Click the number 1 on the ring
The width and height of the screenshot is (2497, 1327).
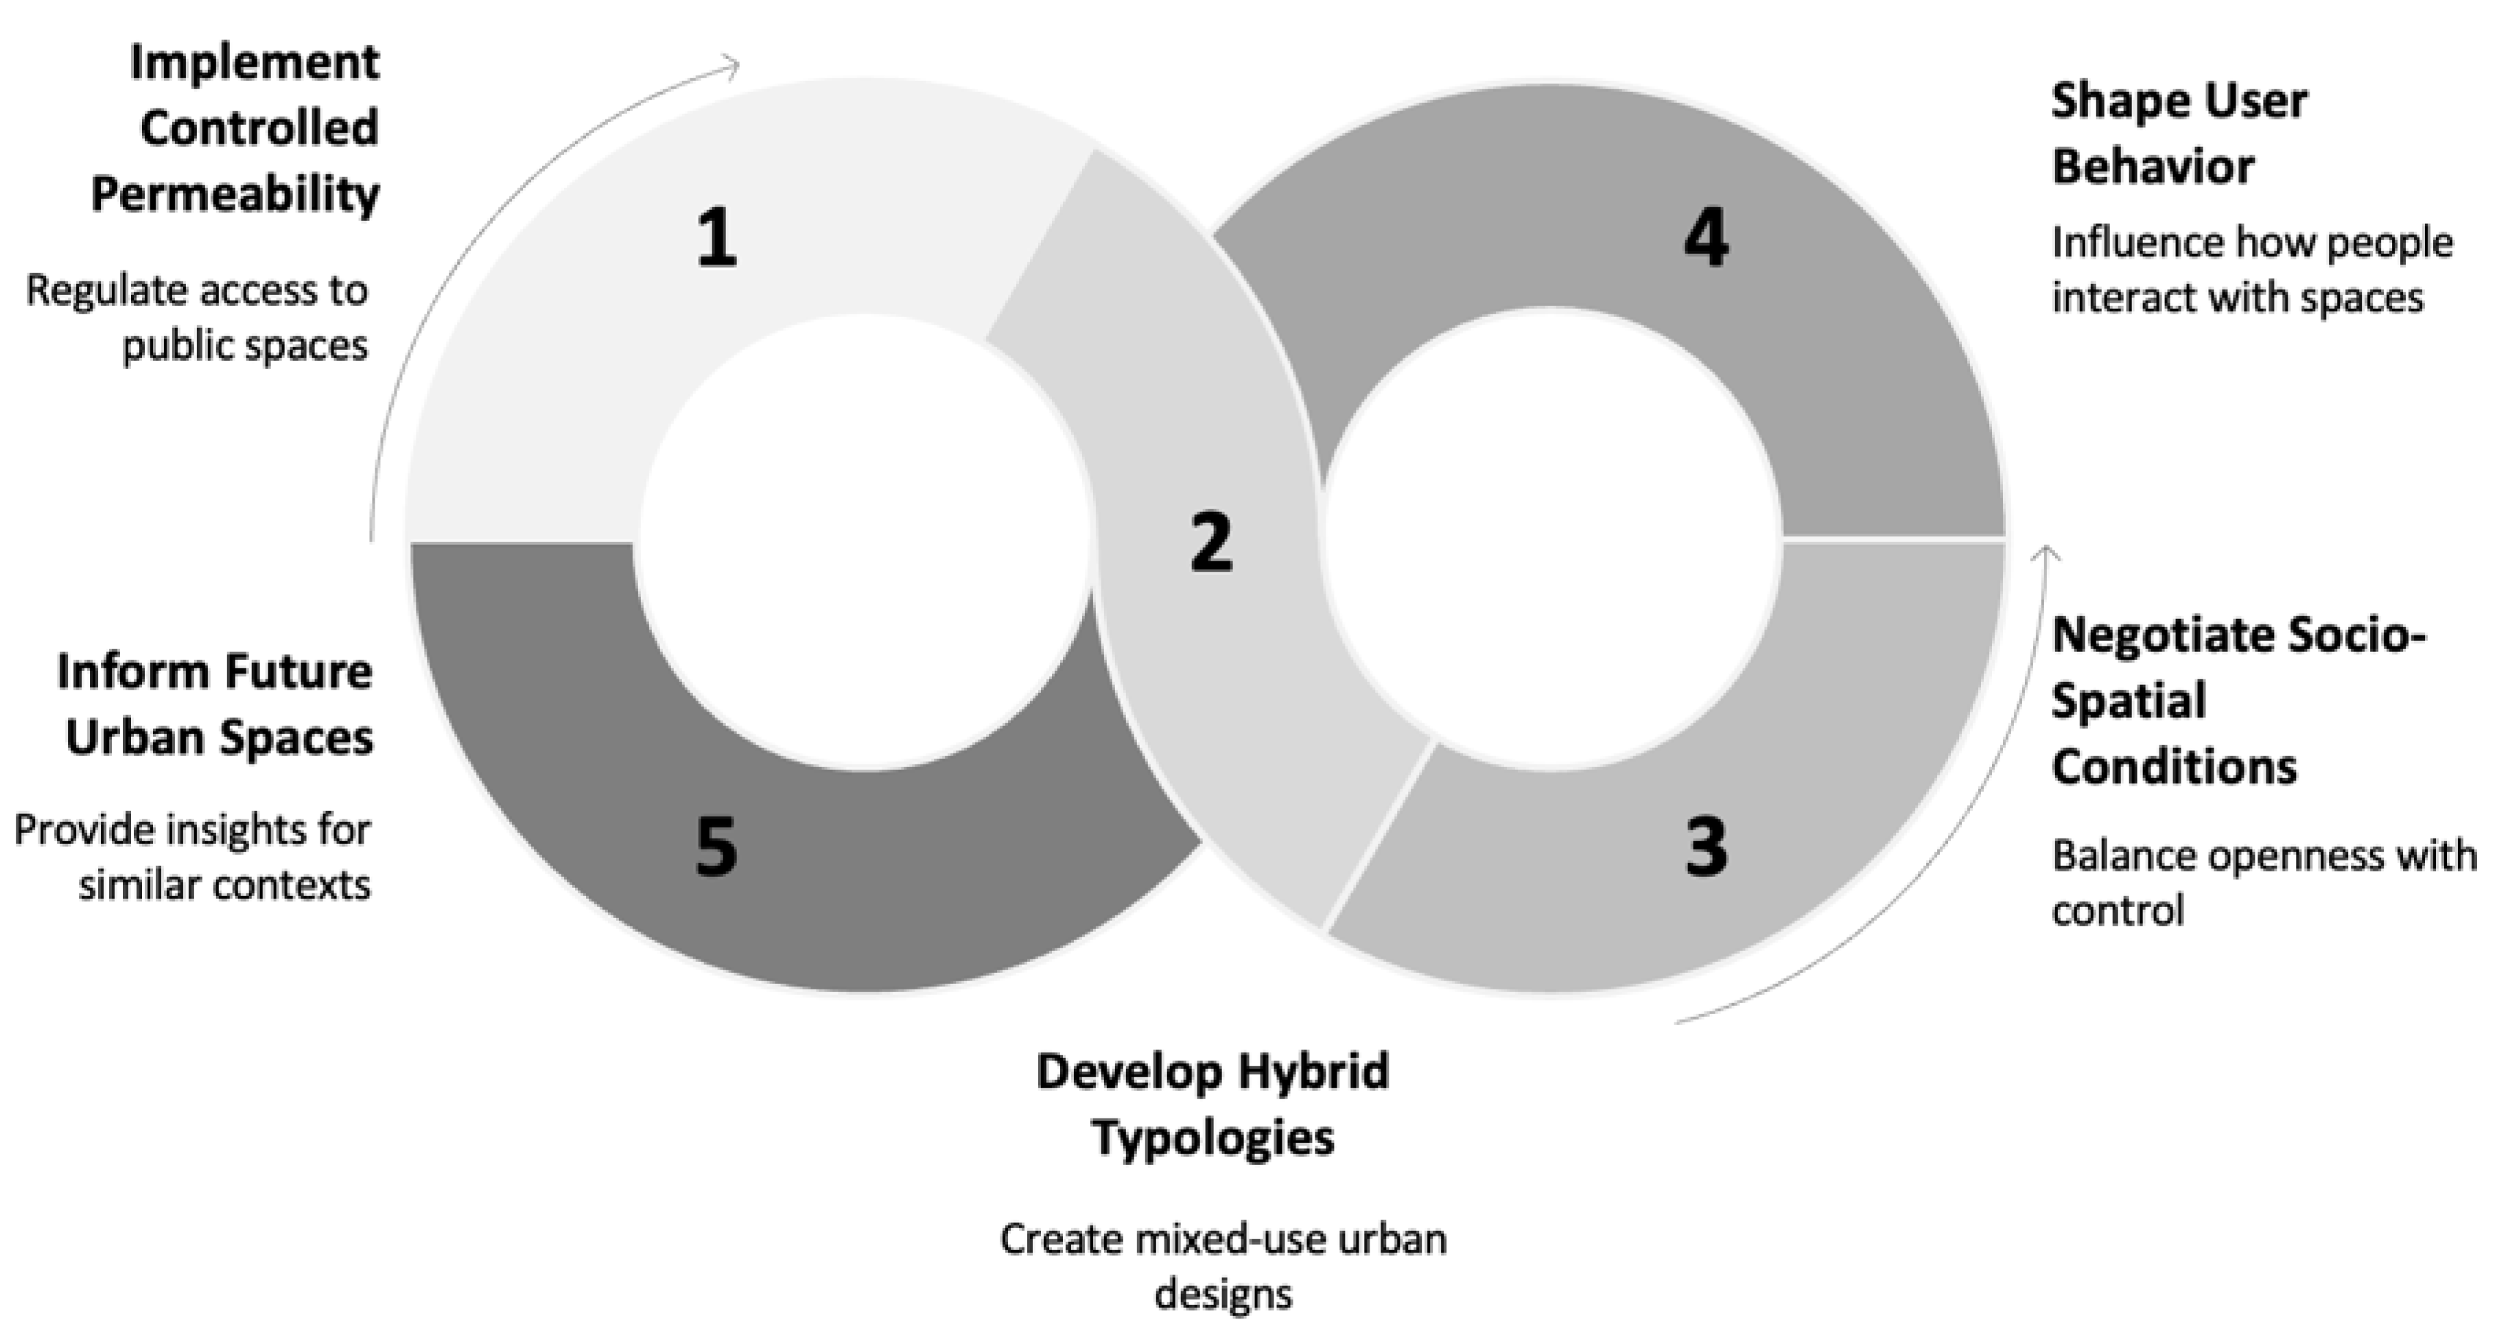pyautogui.click(x=716, y=239)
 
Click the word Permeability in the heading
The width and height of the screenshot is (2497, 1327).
pyautogui.click(x=235, y=194)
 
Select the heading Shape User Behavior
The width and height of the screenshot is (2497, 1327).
pyautogui.click(x=2179, y=134)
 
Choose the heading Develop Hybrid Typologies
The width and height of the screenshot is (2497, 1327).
pyautogui.click(x=1212, y=1104)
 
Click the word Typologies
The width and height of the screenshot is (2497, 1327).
pyautogui.click(x=1212, y=1137)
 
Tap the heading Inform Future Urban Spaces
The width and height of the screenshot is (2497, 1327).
pyautogui.click(x=215, y=705)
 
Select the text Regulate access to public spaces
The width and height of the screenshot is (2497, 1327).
pyautogui.click(x=197, y=318)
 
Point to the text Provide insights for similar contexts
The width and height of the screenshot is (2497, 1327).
pyautogui.click(x=192, y=858)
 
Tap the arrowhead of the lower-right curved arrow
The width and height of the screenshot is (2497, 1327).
pyautogui.click(x=2045, y=552)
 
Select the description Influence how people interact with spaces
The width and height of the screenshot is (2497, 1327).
pyautogui.click(x=2251, y=270)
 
